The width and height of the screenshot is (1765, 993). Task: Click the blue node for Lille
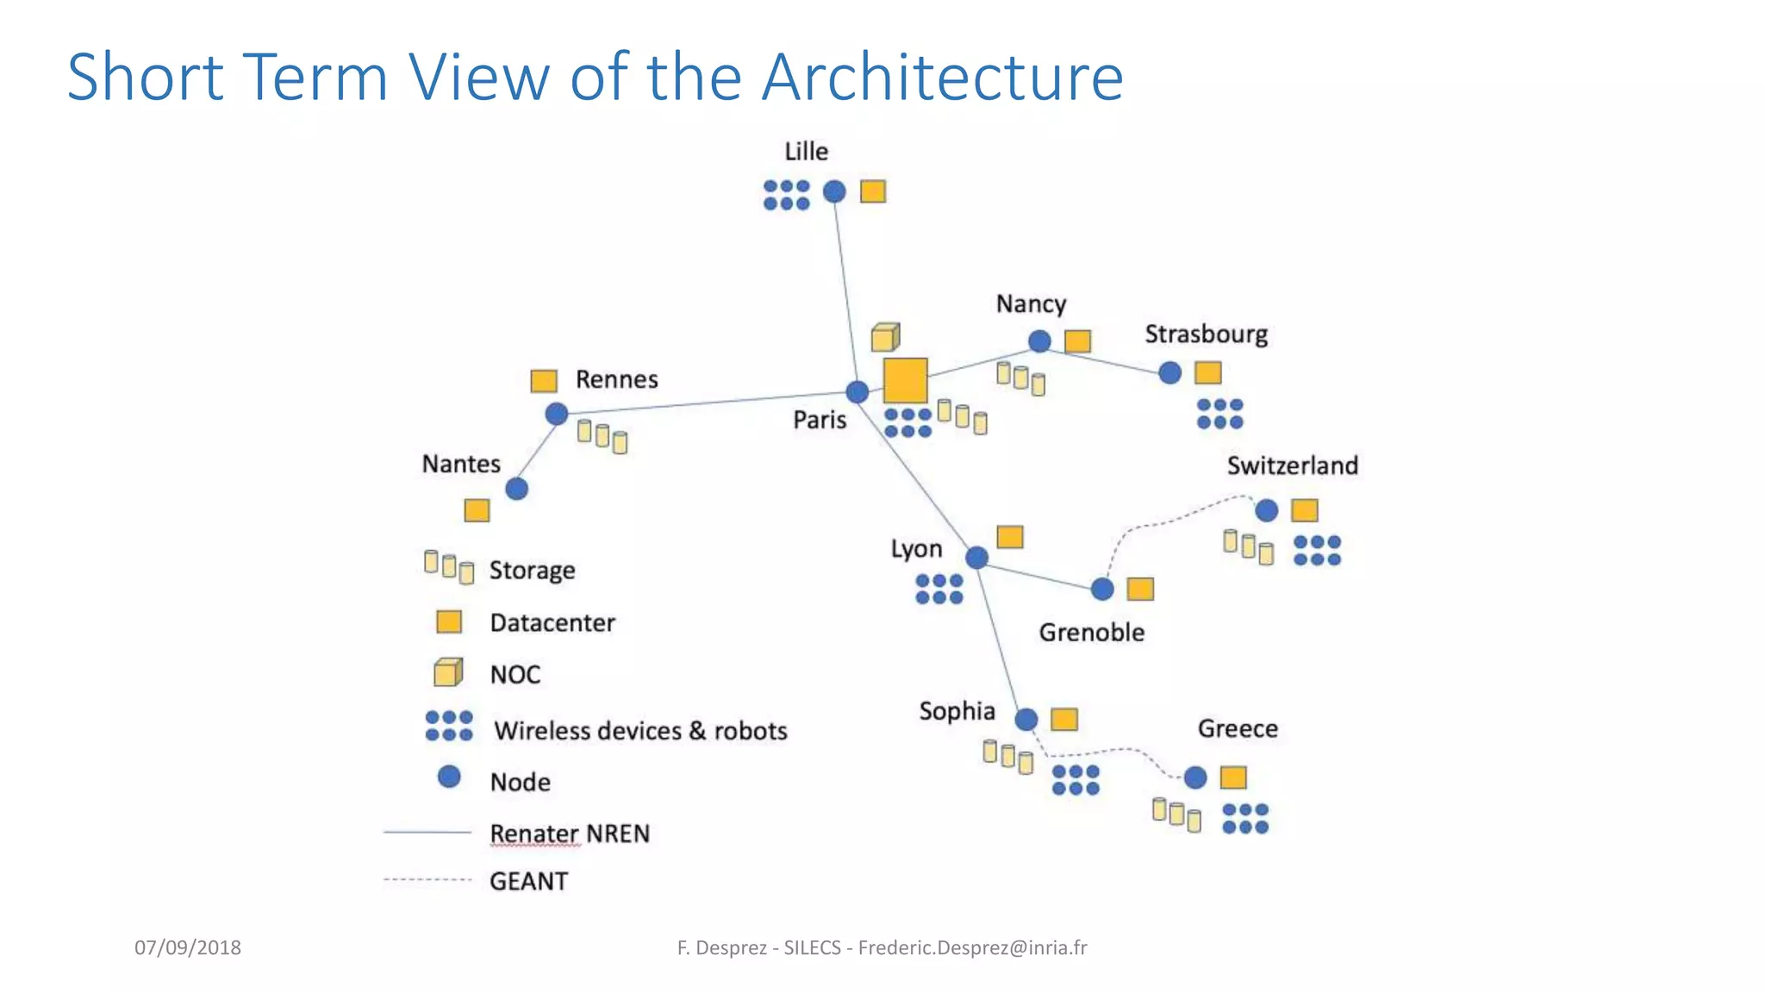[834, 191]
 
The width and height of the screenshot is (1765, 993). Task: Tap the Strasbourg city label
[1206, 334]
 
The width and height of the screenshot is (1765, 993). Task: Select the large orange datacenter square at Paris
[905, 380]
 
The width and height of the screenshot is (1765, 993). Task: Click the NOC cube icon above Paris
[885, 337]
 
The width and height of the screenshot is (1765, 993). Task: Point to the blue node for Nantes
[516, 489]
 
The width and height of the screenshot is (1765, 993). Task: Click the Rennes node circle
[557, 414]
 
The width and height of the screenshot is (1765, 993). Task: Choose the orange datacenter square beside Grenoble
[1140, 589]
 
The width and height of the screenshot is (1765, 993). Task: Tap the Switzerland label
[1292, 465]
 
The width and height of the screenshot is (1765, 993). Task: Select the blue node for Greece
[1195, 778]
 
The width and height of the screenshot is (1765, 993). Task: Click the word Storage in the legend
[532, 571]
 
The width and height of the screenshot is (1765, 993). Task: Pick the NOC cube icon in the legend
[448, 672]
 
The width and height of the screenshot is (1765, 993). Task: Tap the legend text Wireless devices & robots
[640, 731]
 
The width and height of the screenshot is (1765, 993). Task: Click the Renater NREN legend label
[570, 834]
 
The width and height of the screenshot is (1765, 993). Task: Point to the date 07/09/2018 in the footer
[188, 947]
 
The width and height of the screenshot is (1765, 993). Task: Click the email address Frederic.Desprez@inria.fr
[972, 947]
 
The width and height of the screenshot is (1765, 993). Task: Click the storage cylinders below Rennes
[602, 436]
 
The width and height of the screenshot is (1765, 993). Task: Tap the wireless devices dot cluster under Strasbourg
[1219, 414]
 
